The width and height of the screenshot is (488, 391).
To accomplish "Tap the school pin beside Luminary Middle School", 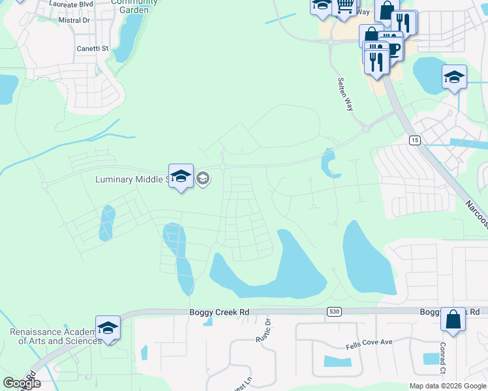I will [181, 177].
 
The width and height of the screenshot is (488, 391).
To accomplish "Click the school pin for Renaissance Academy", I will [108, 328].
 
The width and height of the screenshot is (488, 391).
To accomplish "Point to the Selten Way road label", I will [345, 94].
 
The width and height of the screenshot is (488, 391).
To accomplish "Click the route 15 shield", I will [414, 140].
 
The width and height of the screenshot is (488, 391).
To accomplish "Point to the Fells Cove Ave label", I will [369, 341].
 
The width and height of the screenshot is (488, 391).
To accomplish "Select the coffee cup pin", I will [391, 48].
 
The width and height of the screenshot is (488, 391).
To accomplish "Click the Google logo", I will [22, 383].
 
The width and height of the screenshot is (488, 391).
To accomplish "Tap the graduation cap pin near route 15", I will [454, 78].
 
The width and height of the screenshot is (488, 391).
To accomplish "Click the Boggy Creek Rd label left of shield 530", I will [219, 313].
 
